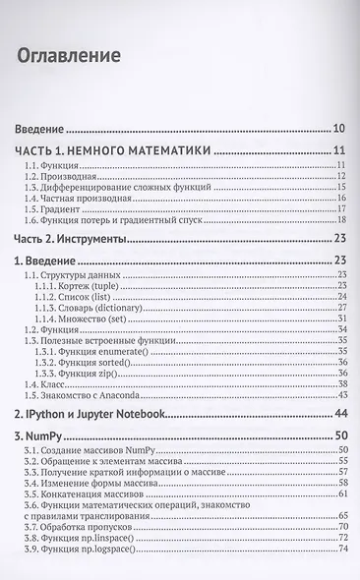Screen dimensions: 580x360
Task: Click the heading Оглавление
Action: point(69,55)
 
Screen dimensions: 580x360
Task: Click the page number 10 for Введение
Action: point(337,129)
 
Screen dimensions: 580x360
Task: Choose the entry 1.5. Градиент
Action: point(51,210)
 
